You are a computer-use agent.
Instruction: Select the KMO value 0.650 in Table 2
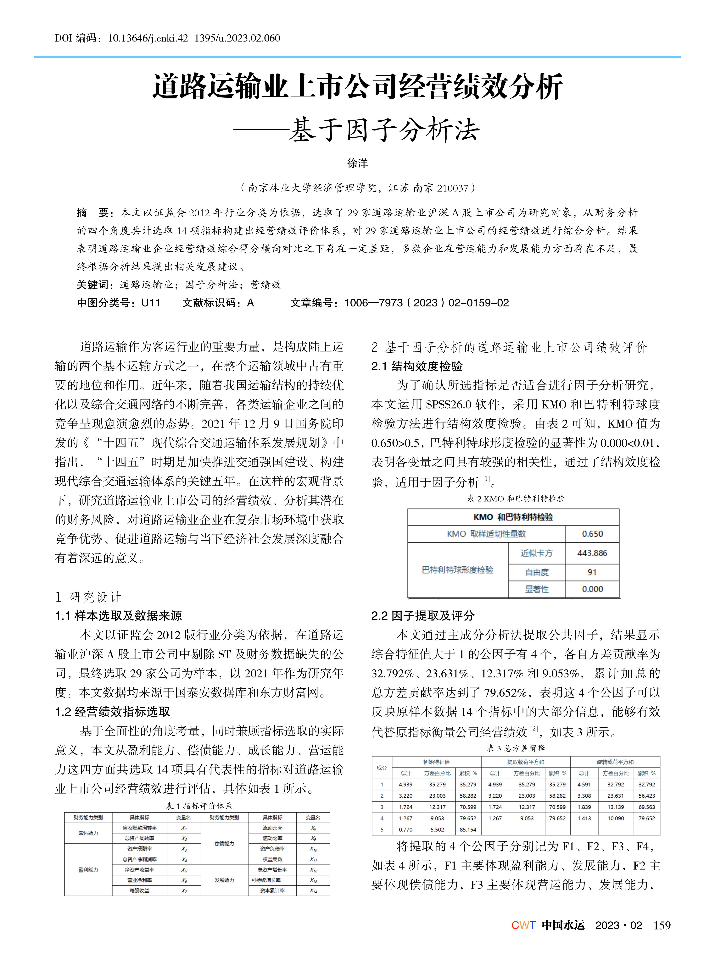pos(592,534)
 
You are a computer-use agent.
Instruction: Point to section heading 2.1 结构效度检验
pos(417,367)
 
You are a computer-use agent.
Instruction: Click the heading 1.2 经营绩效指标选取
pos(113,712)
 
